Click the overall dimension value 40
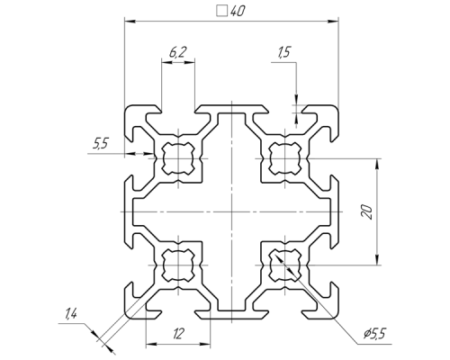[x=238, y=11]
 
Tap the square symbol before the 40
[x=221, y=11]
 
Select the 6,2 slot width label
[x=177, y=53]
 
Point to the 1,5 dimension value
[x=283, y=52]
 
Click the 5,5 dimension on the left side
[x=100, y=144]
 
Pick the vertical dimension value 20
[x=368, y=211]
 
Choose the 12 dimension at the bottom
[x=178, y=333]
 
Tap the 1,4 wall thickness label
[x=70, y=314]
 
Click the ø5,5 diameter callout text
[x=374, y=333]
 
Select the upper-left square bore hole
[x=178, y=158]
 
